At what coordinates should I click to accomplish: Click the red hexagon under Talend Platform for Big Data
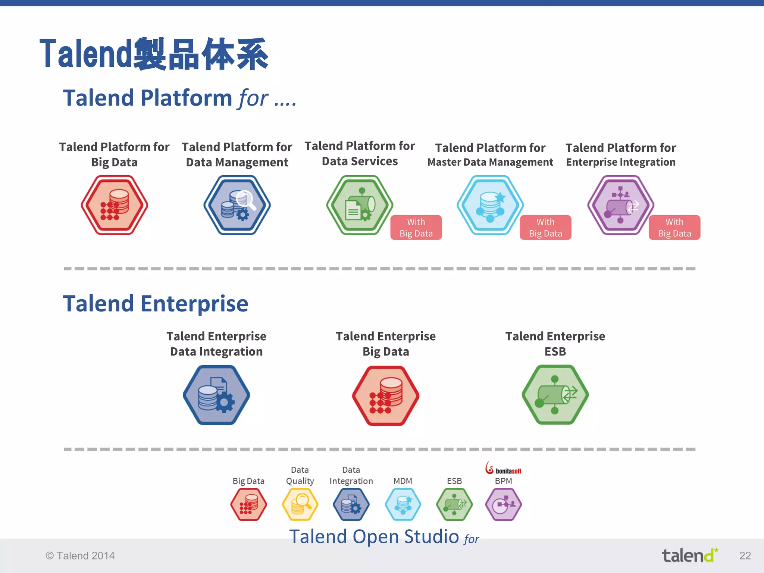115,205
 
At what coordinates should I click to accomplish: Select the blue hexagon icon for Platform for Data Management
237,205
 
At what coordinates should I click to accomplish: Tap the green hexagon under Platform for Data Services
360,205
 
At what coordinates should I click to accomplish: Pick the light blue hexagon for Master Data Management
490,205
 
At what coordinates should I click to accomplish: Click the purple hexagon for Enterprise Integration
620,205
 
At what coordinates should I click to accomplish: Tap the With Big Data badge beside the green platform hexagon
416,228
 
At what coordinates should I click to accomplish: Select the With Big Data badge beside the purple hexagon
674,228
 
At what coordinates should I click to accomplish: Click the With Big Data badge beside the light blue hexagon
545,228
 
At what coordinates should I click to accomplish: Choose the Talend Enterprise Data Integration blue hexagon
216,395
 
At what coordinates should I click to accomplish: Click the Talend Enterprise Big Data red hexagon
386,395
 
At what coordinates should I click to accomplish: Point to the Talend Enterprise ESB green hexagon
555,395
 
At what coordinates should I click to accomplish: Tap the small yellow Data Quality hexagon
300,504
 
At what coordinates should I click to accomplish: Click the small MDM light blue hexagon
403,504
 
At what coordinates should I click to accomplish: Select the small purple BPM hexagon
503,504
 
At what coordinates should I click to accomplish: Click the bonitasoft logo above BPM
503,469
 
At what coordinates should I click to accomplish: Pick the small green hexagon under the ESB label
454,504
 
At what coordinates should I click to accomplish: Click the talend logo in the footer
689,555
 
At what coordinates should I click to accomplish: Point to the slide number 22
745,556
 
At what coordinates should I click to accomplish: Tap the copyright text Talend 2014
80,556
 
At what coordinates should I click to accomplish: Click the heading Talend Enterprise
156,303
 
